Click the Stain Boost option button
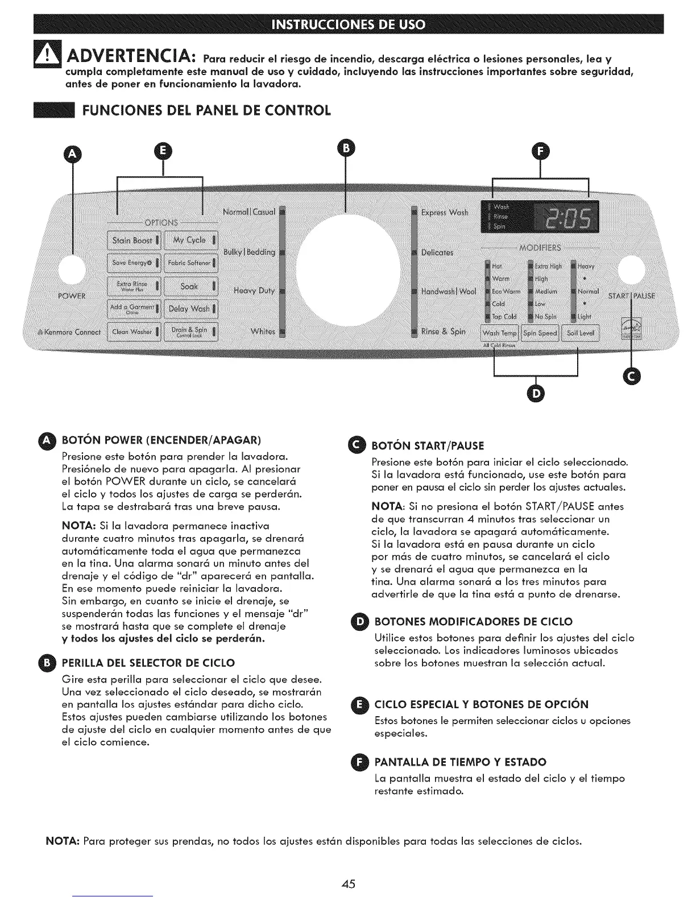135,240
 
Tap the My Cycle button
190,240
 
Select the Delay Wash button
190,309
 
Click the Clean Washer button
135,332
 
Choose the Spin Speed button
540,333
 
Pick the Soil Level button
580,333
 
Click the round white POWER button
72,272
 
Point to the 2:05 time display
568,217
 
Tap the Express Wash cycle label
444,213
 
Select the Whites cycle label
263,332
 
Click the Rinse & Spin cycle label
443,332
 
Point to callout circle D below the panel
536,393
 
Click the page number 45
349,883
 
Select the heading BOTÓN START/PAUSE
427,445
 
